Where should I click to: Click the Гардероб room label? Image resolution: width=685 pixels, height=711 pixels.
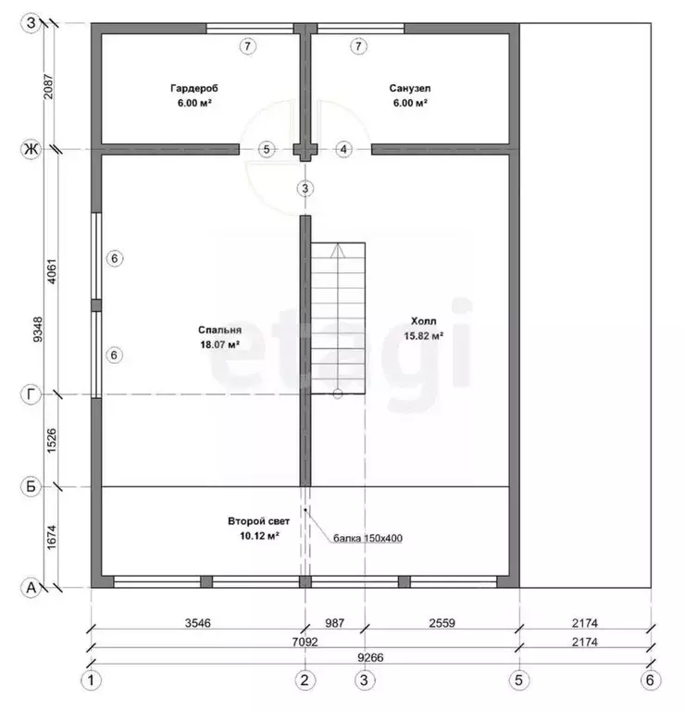(194, 88)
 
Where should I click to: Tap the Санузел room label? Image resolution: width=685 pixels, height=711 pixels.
(410, 88)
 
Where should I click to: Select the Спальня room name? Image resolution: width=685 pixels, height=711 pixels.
(220, 330)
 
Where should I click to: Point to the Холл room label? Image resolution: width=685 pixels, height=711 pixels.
(423, 321)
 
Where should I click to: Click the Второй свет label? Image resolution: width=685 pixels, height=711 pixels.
(258, 521)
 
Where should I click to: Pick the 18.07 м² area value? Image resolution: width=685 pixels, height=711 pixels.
(220, 344)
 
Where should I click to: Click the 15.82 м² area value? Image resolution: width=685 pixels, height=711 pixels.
(423, 335)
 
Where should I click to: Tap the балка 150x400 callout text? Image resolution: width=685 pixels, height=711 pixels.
(367, 538)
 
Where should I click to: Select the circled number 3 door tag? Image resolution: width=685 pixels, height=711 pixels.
(305, 188)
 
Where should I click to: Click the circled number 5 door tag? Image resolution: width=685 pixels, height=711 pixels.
(267, 149)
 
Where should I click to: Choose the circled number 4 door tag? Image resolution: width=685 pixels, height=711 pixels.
(343, 149)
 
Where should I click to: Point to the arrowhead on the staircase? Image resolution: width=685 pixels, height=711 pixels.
(337, 251)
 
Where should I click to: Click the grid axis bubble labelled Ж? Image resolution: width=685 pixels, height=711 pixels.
(31, 149)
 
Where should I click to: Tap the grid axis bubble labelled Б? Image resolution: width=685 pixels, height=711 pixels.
(31, 487)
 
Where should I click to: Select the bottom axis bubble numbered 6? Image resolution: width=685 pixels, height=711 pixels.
(650, 680)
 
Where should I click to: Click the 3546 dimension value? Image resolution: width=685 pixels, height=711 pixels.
(198, 623)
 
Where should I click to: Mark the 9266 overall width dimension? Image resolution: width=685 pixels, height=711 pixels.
(370, 657)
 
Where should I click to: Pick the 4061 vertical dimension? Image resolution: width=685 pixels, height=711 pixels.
(52, 271)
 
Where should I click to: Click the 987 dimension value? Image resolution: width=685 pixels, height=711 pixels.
(334, 623)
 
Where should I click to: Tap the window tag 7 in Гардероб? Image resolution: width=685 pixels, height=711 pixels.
(247, 45)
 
